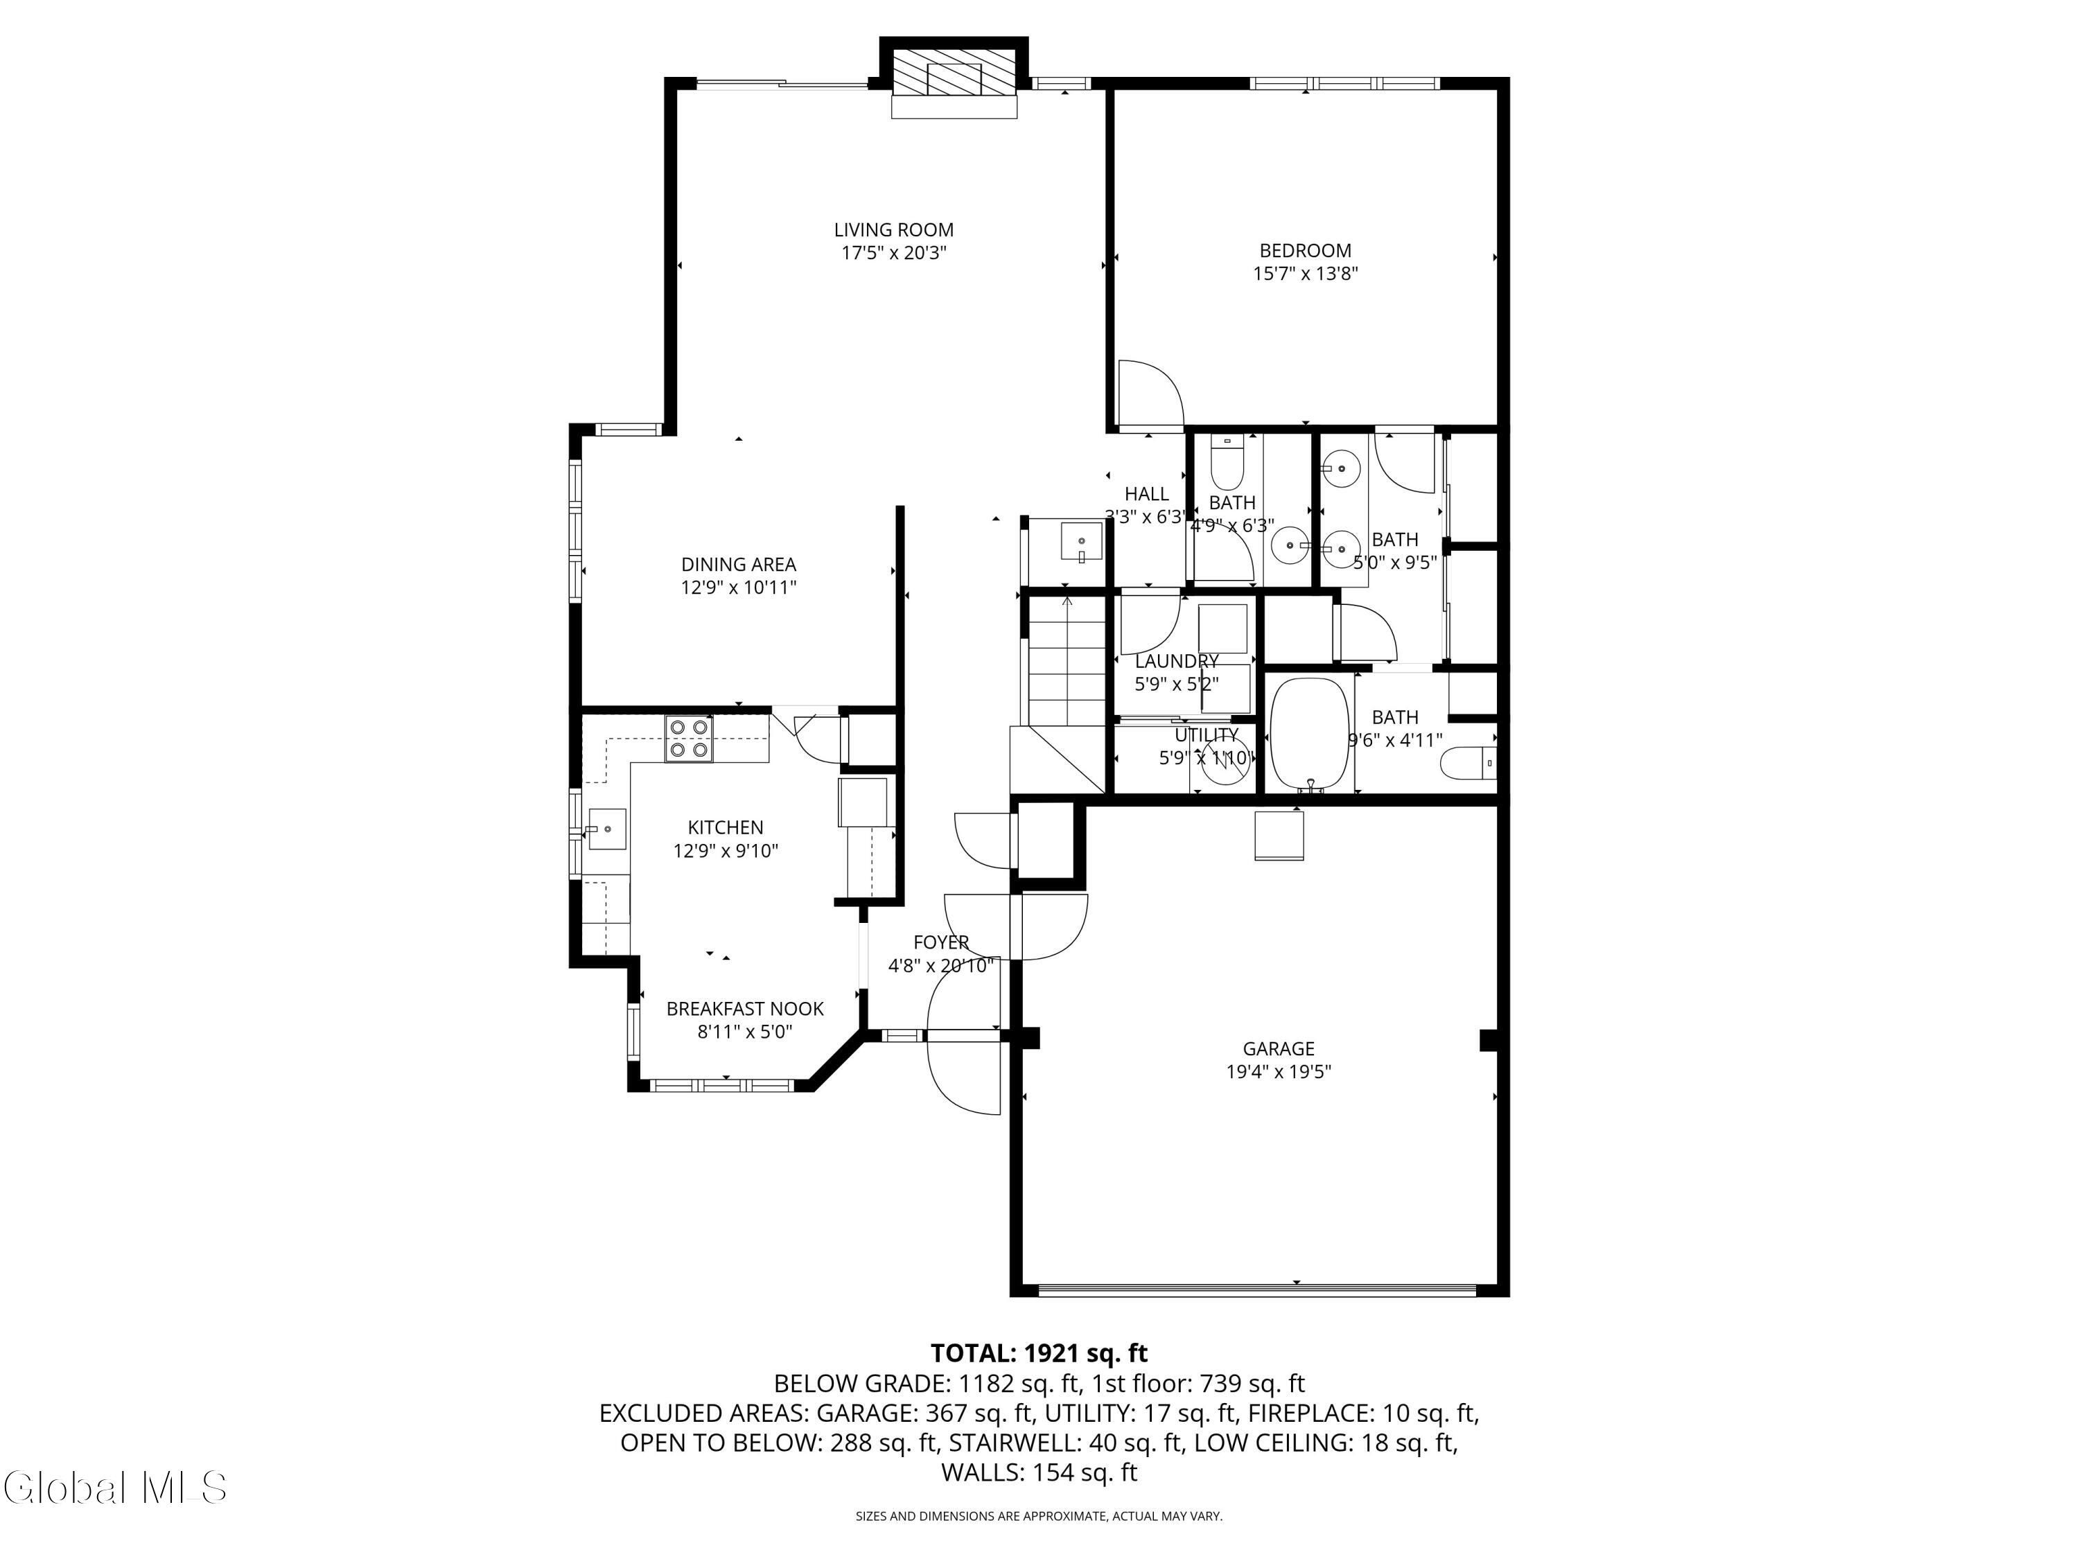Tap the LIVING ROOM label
(x=894, y=230)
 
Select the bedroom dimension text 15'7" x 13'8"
(x=1306, y=274)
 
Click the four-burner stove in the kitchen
(x=689, y=739)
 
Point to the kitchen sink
(x=607, y=829)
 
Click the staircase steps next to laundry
(x=1067, y=662)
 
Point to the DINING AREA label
(x=739, y=565)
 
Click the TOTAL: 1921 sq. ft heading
(x=1039, y=1353)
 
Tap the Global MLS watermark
(x=114, y=1488)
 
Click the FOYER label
(x=941, y=942)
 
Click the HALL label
(x=1147, y=494)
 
